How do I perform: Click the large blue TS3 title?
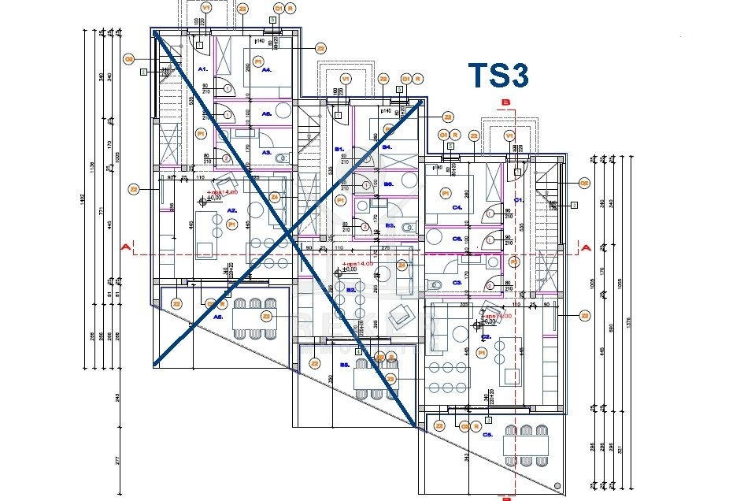pos(498,76)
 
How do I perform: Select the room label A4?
pos(267,70)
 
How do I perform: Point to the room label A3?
pos(266,152)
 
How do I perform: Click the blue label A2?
pos(232,210)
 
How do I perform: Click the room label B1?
pos(339,149)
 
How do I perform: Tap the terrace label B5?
pos(344,365)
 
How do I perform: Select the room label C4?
pos(457,209)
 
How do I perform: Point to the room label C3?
pos(457,282)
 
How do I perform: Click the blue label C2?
pos(487,336)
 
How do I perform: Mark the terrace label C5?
pos(487,435)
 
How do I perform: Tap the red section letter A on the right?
pos(585,247)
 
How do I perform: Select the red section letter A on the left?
pos(124,247)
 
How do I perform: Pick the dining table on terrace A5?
pos(253,317)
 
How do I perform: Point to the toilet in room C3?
pos(435,284)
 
